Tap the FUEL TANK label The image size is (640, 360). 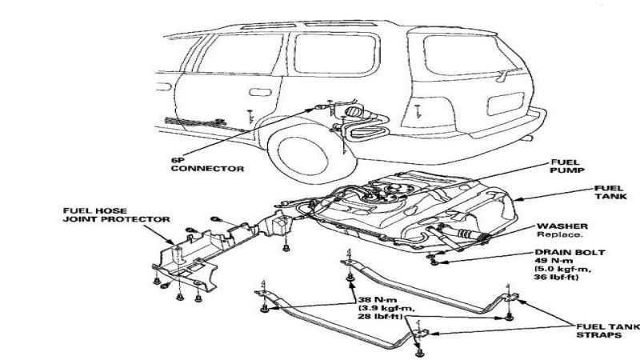click(609, 191)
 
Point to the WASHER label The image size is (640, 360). click(558, 227)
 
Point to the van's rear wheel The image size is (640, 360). click(303, 151)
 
